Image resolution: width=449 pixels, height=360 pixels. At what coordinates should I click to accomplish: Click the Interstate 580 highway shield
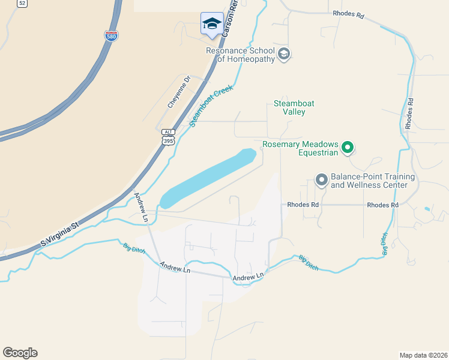click(x=111, y=36)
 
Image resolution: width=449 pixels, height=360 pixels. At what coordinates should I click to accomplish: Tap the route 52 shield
click(x=22, y=3)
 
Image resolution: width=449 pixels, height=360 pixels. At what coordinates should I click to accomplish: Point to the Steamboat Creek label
click(x=211, y=106)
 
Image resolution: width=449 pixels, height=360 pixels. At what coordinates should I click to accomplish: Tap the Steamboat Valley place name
click(x=294, y=107)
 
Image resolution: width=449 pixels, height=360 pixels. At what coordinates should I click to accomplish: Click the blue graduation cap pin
click(x=211, y=24)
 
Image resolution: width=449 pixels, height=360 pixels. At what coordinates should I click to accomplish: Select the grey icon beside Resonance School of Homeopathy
click(x=284, y=55)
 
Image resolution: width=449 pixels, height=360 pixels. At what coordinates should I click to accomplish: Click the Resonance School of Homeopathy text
click(x=240, y=55)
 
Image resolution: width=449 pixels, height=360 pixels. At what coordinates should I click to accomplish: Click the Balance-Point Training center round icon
click(x=321, y=179)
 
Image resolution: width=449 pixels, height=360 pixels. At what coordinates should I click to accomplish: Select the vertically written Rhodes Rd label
click(x=409, y=114)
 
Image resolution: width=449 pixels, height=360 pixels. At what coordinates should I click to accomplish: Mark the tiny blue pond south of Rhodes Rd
click(x=426, y=209)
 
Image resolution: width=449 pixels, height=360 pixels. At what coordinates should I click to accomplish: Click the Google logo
click(x=20, y=353)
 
